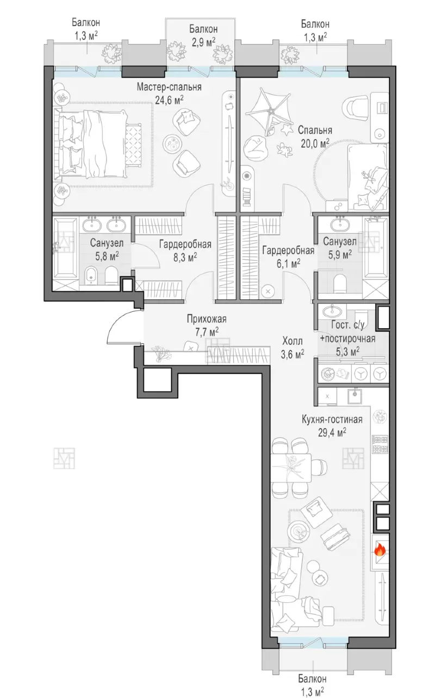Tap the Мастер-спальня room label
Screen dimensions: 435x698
pyautogui.click(x=169, y=86)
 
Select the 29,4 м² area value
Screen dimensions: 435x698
pyautogui.click(x=332, y=432)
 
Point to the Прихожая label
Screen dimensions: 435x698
pyautogui.click(x=207, y=319)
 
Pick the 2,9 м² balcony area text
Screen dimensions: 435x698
pyautogui.click(x=203, y=41)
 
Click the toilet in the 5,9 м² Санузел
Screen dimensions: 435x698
pyautogui.click(x=340, y=284)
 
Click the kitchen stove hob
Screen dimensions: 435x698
pyautogui.click(x=380, y=444)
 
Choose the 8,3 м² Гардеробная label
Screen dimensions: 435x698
pyautogui.click(x=185, y=244)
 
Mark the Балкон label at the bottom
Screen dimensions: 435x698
pyautogui.click(x=312, y=676)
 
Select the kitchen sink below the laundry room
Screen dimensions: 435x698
pyautogui.click(x=354, y=397)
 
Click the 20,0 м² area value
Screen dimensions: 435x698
pyautogui.click(x=315, y=143)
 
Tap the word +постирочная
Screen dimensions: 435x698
pyautogui.click(x=347, y=338)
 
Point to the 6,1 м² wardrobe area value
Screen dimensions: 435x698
pyautogui.click(x=288, y=263)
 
